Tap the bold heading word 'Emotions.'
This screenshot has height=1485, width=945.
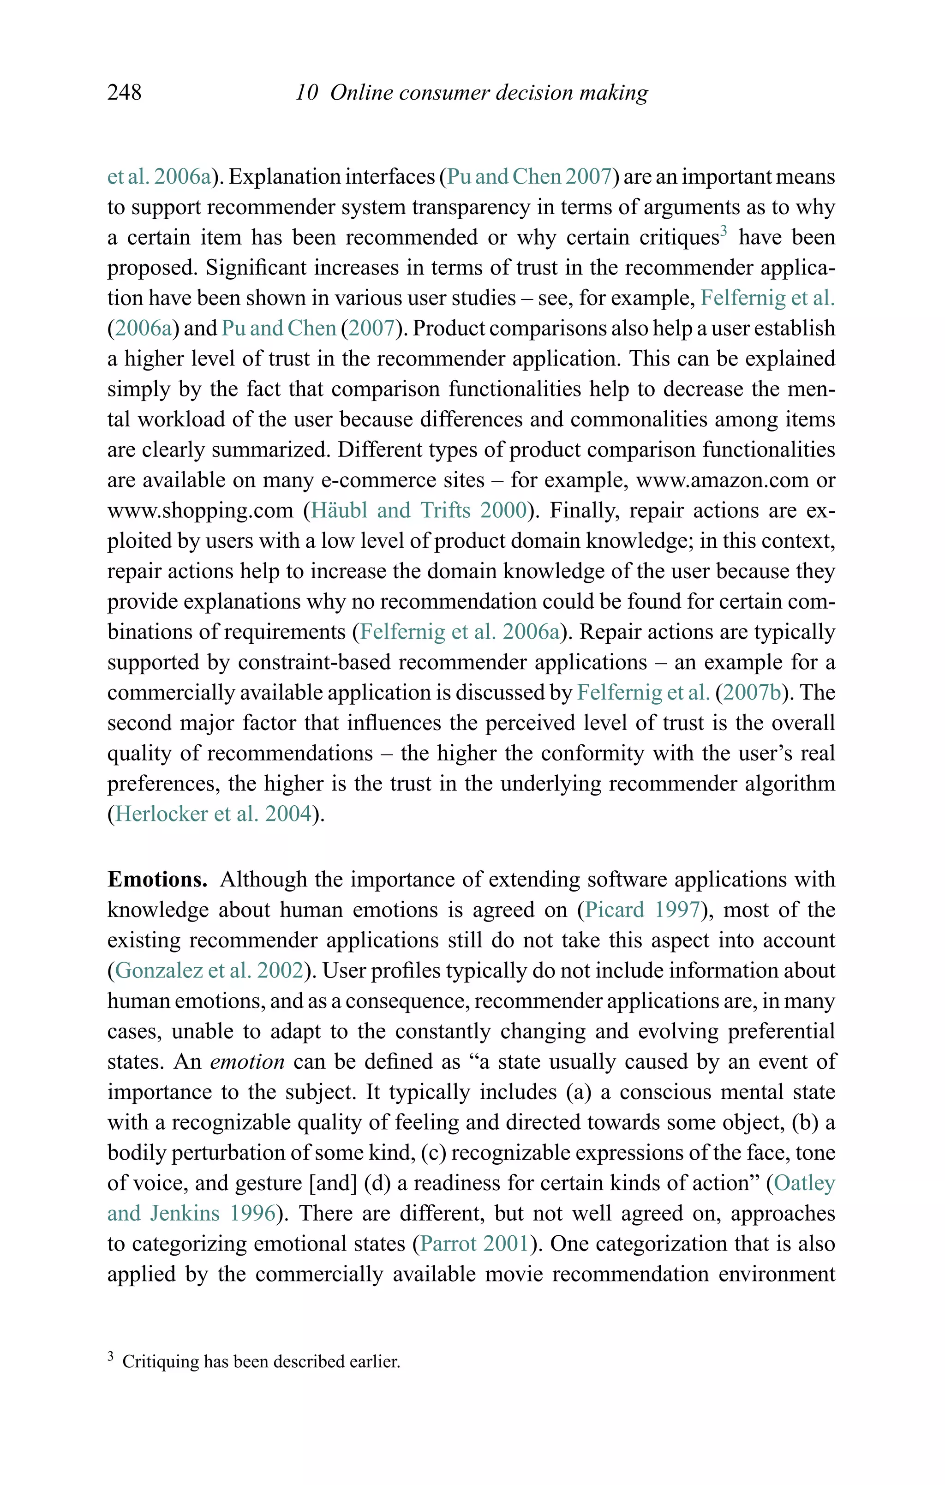(157, 880)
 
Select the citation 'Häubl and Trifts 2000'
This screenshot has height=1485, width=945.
(419, 511)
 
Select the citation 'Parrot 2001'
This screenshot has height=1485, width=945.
(474, 1243)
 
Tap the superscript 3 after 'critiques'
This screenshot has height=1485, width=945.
(724, 232)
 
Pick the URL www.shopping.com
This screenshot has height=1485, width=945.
(200, 511)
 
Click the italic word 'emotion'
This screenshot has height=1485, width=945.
(247, 1061)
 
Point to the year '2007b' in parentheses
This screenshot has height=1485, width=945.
(751, 693)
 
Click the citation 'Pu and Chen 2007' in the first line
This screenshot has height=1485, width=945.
(529, 177)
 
